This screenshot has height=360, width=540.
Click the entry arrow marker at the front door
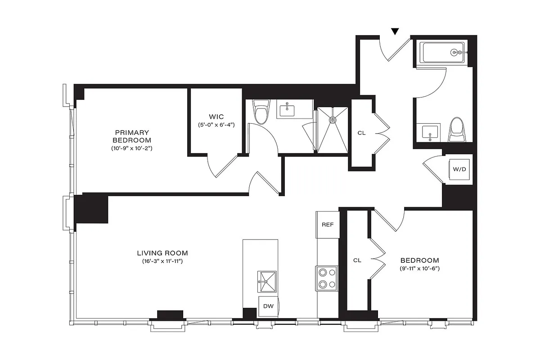pyautogui.click(x=395, y=31)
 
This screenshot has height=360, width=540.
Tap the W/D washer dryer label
pyautogui.click(x=459, y=170)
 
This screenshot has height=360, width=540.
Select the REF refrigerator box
pyautogui.click(x=327, y=224)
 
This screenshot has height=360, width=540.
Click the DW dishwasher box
pyautogui.click(x=268, y=306)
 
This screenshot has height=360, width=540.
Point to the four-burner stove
pyautogui.click(x=327, y=278)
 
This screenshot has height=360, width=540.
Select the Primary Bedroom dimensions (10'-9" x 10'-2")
pyautogui.click(x=132, y=148)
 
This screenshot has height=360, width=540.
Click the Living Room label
pyautogui.click(x=162, y=253)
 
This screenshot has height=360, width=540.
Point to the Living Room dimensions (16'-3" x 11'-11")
pyautogui.click(x=162, y=261)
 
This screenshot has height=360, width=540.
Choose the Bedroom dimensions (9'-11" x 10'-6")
pyautogui.click(x=419, y=269)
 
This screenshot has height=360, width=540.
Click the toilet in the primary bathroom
pyautogui.click(x=261, y=112)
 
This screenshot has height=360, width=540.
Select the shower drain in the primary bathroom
pyautogui.click(x=333, y=120)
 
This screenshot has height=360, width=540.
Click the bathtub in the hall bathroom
pyautogui.click(x=444, y=53)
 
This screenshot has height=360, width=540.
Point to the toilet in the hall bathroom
pyautogui.click(x=457, y=130)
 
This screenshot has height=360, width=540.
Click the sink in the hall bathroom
pyautogui.click(x=430, y=133)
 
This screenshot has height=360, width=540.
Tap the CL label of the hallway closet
pyautogui.click(x=361, y=133)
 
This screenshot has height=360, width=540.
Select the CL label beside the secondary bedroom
pyautogui.click(x=357, y=260)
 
